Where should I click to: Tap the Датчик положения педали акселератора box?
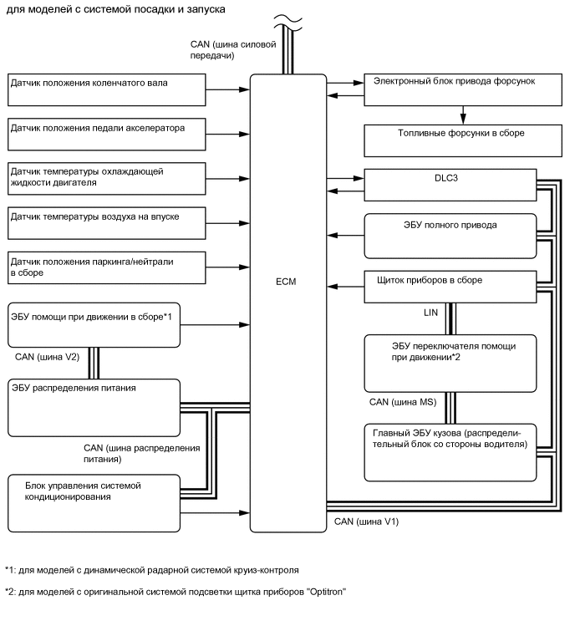click(107, 134)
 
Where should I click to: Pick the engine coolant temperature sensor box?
click(107, 178)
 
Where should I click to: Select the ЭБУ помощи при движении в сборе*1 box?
click(94, 323)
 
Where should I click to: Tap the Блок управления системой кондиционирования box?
click(94, 499)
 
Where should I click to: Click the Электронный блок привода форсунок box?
click(450, 89)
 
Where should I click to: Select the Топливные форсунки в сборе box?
click(450, 139)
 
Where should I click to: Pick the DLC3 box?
click(450, 183)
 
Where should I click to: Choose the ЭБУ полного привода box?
click(450, 235)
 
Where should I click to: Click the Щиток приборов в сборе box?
click(450, 287)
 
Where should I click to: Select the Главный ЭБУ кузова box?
click(450, 452)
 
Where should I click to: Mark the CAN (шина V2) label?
click(47, 356)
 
